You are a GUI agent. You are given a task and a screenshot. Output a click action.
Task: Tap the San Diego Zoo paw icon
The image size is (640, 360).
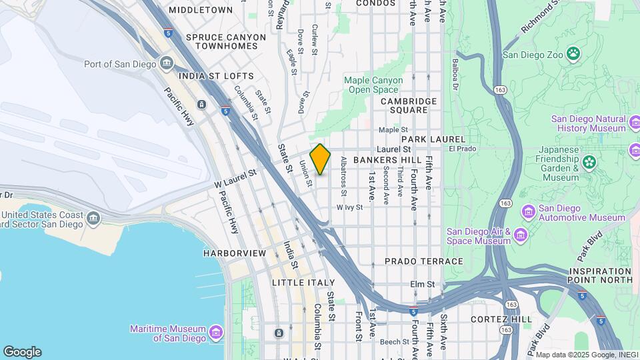point(573,53)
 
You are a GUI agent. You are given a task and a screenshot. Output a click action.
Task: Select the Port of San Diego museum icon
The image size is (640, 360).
point(167,64)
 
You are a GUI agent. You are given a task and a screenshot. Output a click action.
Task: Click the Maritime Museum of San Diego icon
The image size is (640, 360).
point(215,332)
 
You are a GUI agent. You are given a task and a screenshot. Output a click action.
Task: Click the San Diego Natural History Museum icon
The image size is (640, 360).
point(636,123)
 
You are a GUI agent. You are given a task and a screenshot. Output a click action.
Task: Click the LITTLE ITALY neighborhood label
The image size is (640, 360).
point(303,283)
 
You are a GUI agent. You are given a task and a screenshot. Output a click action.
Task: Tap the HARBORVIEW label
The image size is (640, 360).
point(235,253)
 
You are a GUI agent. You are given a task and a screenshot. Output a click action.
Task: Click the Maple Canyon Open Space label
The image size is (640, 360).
point(373,85)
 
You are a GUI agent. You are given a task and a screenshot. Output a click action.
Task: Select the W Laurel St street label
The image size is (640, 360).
point(235,173)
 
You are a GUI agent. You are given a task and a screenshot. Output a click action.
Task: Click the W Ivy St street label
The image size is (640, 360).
point(349,207)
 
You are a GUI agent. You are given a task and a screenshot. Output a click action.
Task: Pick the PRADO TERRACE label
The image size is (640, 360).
point(424,261)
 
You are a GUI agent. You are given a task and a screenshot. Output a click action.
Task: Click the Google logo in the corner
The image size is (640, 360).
point(22,351)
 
